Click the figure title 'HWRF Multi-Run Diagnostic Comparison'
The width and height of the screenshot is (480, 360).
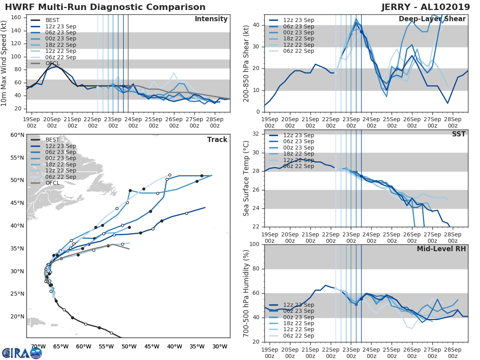(x=105, y=7)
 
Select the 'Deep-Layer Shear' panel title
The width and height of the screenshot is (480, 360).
(x=432, y=19)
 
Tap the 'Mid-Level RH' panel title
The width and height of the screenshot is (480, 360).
(x=441, y=249)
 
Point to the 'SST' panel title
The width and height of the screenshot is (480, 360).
(x=458, y=134)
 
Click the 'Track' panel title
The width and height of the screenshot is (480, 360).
(x=217, y=140)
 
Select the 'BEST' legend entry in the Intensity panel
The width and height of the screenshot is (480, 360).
(x=52, y=20)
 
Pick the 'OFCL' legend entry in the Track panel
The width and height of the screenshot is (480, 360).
(x=52, y=183)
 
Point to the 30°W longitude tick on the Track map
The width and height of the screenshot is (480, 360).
(x=220, y=346)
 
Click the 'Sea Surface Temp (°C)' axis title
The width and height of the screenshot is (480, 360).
(x=246, y=179)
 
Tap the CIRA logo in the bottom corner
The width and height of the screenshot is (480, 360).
(x=22, y=353)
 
